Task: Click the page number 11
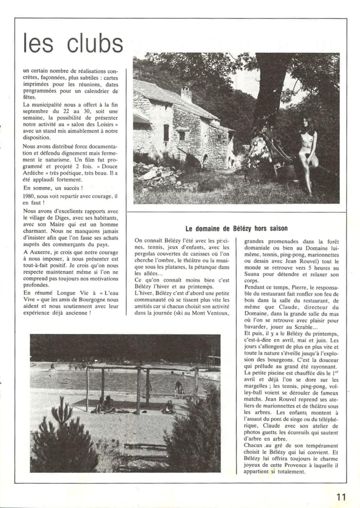340,497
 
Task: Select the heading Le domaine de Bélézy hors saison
236,228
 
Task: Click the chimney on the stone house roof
186,95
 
